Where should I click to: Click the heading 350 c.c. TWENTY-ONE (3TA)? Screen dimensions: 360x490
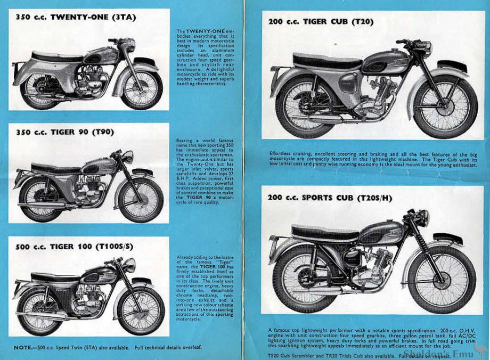pyautogui.click(x=76, y=17)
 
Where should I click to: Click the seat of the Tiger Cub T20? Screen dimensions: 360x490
pyautogui.click(x=320, y=60)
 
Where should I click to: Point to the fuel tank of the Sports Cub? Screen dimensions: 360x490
pyautogui.click(x=379, y=233)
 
